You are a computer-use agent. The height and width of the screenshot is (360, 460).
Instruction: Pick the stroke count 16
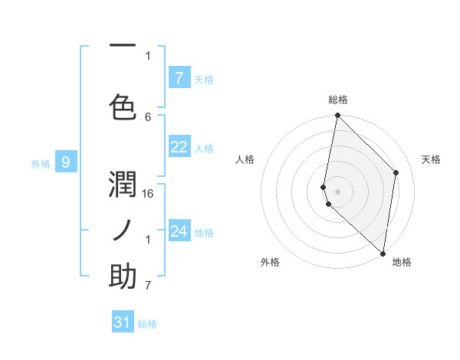tap(149, 195)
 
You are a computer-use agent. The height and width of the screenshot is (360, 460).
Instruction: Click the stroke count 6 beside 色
tap(149, 116)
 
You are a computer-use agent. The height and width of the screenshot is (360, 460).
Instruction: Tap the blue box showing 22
tap(179, 148)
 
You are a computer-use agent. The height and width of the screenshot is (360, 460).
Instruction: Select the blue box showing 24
tap(179, 232)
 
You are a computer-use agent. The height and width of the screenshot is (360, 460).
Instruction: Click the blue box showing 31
tap(123, 322)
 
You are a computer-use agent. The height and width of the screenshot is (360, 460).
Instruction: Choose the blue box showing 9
tap(66, 162)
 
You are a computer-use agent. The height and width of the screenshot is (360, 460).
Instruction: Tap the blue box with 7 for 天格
tap(179, 78)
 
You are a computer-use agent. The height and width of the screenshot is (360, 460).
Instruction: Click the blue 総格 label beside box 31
tap(147, 324)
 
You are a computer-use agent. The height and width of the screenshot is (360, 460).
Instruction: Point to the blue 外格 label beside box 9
tap(40, 163)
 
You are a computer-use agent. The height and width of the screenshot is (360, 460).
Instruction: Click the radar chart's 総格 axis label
tap(338, 100)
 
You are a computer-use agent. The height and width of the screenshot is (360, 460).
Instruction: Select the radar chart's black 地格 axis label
tap(402, 262)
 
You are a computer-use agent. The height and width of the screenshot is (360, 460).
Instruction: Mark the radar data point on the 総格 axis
tap(337, 116)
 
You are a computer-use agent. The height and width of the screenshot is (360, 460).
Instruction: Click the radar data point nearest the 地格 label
tap(383, 254)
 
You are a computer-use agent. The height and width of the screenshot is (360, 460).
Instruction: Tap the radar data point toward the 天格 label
tap(396, 172)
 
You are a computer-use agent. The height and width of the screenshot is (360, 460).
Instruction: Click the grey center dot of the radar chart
tap(337, 191)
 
